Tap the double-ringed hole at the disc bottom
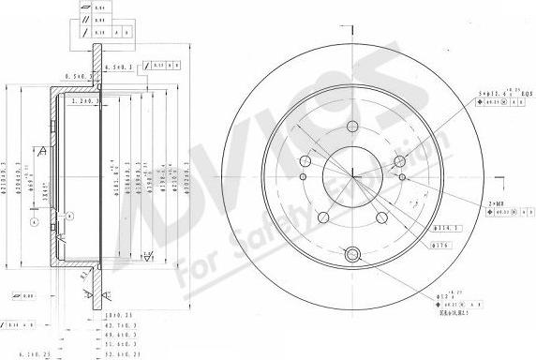click(352, 253)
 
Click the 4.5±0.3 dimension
click(118, 67)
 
